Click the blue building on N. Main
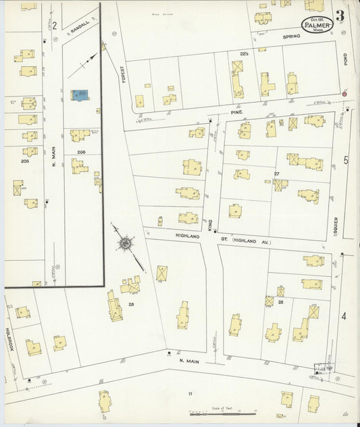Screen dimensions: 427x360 pyautogui.click(x=80, y=95)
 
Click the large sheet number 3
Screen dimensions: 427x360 pyautogui.click(x=339, y=16)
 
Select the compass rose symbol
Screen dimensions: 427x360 pyautogui.click(x=125, y=241)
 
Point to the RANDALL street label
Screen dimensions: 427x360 pyautogui.click(x=80, y=27)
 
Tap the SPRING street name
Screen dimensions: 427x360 pyautogui.click(x=291, y=36)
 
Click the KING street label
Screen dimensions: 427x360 pyautogui.click(x=210, y=224)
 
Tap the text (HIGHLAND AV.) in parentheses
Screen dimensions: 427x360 pyautogui.click(x=251, y=240)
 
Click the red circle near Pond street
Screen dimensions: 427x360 pyautogui.click(x=344, y=93)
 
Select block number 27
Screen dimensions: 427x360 pyautogui.click(x=276, y=174)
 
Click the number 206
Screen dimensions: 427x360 pyautogui.click(x=81, y=153)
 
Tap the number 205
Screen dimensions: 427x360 pyautogui.click(x=26, y=161)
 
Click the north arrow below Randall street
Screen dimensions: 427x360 pyautogui.click(x=86, y=62)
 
